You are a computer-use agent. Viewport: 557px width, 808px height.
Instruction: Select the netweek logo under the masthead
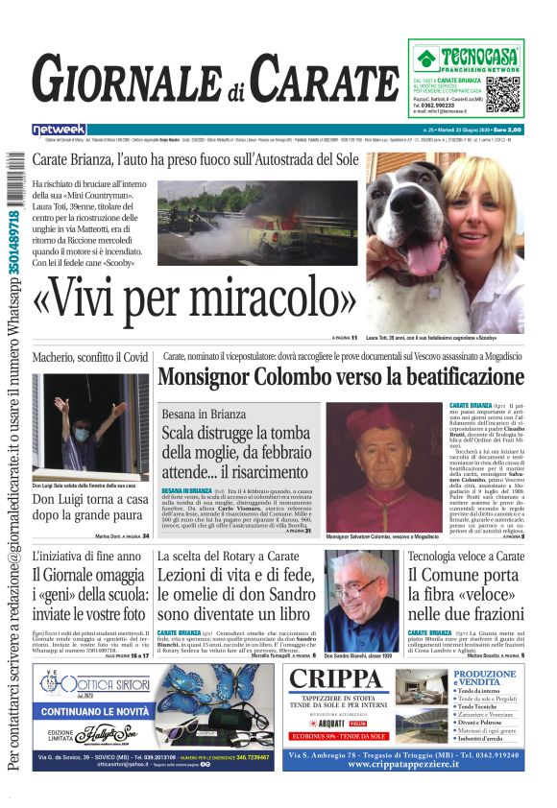59,130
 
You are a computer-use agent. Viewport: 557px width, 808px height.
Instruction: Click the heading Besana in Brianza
205,413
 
